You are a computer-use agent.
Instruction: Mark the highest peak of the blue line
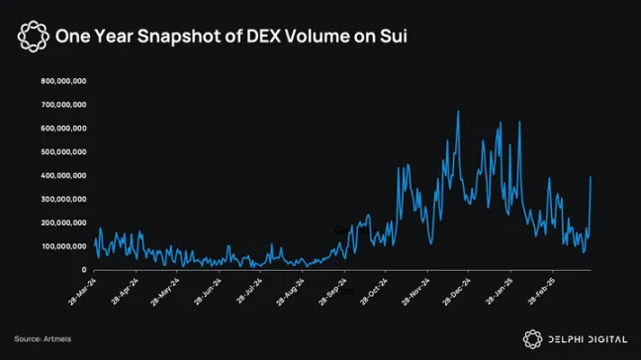coord(457,112)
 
